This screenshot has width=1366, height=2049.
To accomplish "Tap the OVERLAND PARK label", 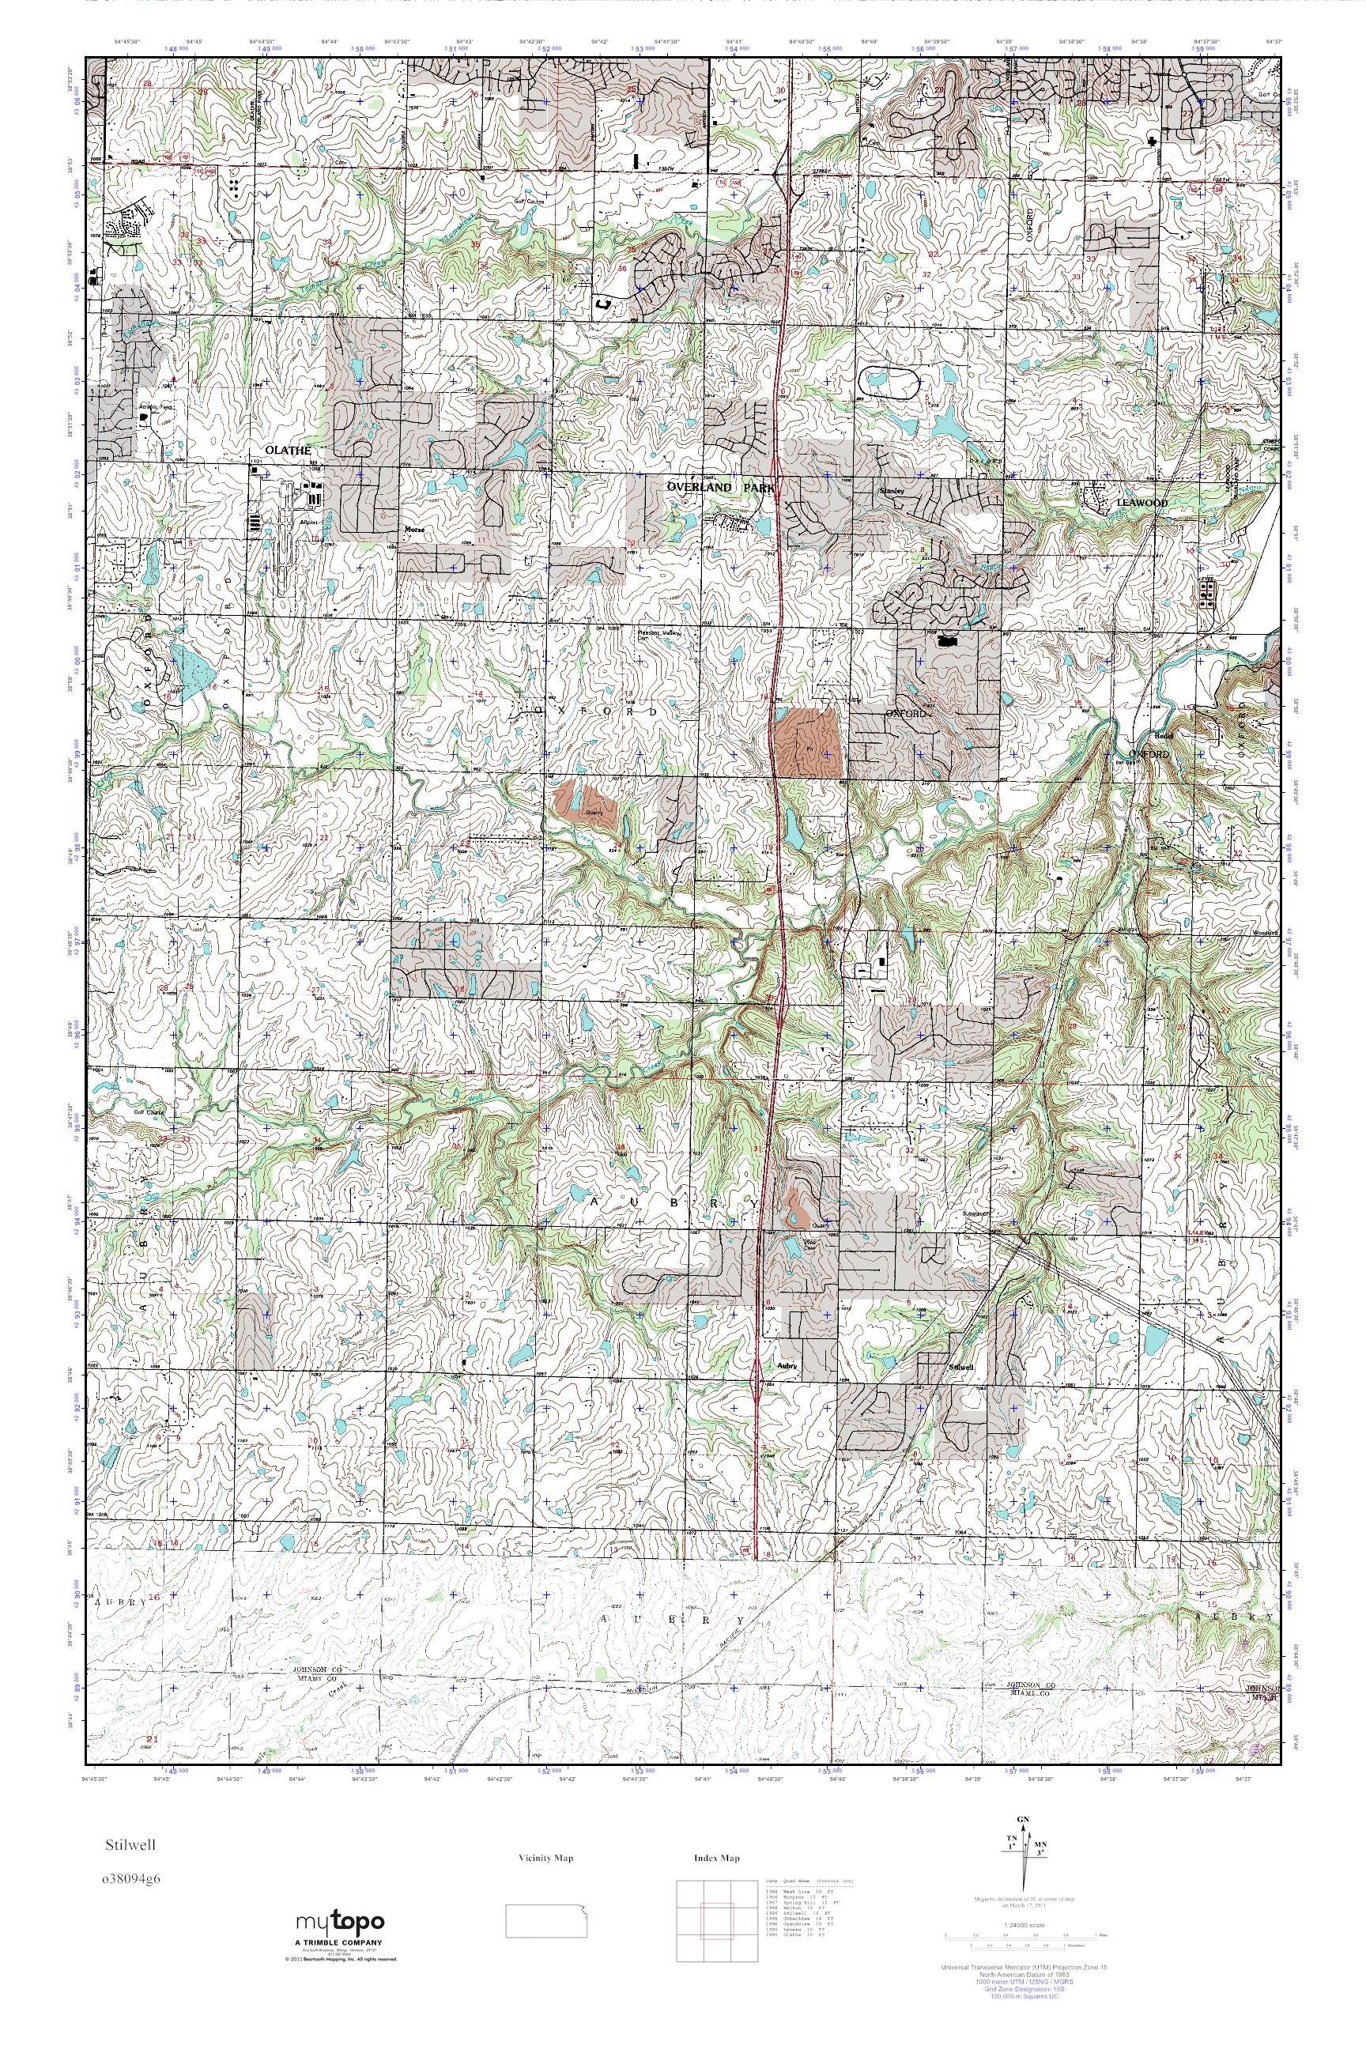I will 720,489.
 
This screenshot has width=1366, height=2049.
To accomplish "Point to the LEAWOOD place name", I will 1144,503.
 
